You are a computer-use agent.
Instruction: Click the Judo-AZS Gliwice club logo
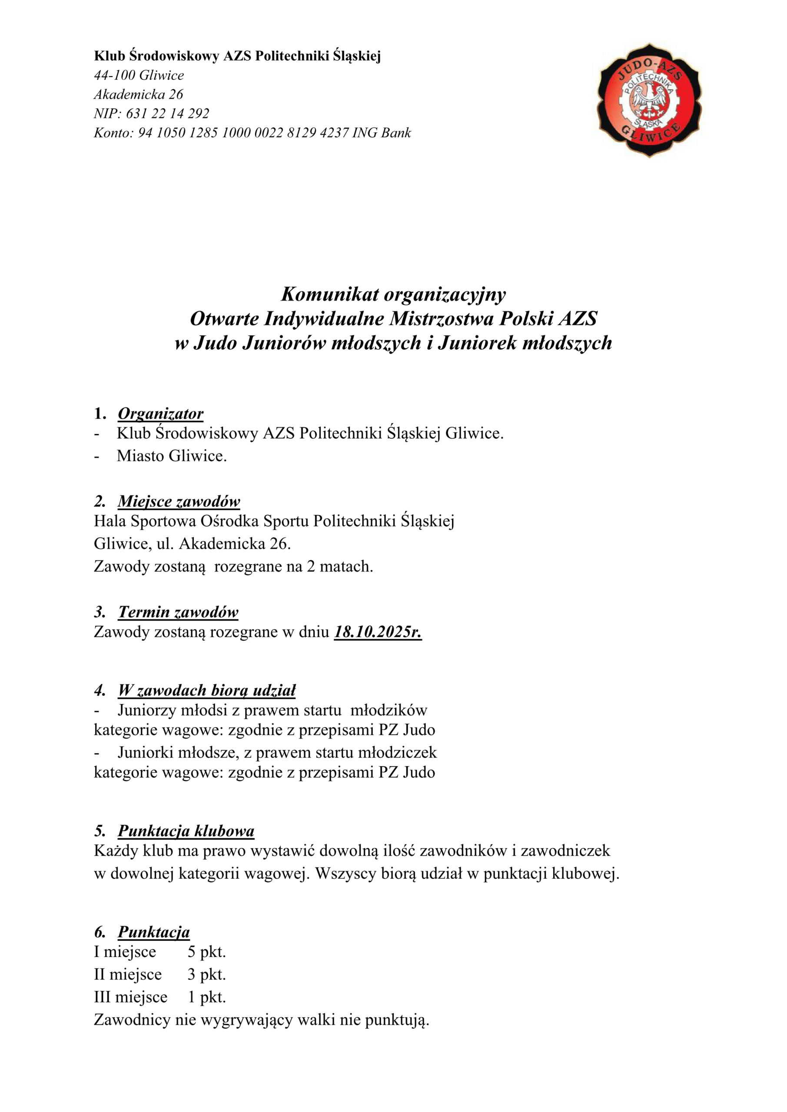(x=649, y=101)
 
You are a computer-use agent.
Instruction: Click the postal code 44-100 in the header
(x=114, y=76)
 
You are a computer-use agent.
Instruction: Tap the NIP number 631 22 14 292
(x=168, y=114)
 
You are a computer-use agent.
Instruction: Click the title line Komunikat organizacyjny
(x=394, y=294)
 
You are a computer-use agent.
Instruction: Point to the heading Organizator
(x=160, y=414)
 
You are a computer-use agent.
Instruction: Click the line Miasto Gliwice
(x=172, y=456)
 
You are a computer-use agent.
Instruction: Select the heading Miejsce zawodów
(x=179, y=501)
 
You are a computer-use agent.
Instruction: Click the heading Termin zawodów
(x=178, y=612)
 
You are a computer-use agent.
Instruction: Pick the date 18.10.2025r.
(x=378, y=632)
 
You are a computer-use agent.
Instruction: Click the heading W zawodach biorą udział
(x=206, y=690)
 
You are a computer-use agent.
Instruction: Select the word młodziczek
(x=397, y=752)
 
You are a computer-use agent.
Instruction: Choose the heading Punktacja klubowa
(x=186, y=831)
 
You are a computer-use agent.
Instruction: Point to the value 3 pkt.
(x=207, y=974)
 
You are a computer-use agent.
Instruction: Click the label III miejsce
(x=130, y=997)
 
